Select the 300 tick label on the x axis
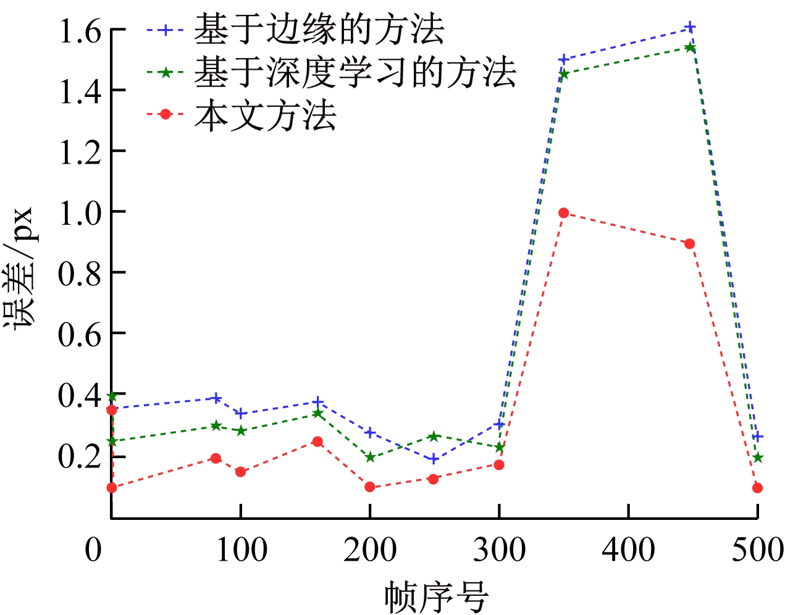499,549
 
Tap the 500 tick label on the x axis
757,549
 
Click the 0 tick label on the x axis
93,549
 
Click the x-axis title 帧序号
436,596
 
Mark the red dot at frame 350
563,213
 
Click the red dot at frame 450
690,244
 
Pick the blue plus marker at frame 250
434,459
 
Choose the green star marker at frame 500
758,458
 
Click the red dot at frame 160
317,441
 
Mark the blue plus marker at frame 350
563,59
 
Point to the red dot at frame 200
370,487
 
